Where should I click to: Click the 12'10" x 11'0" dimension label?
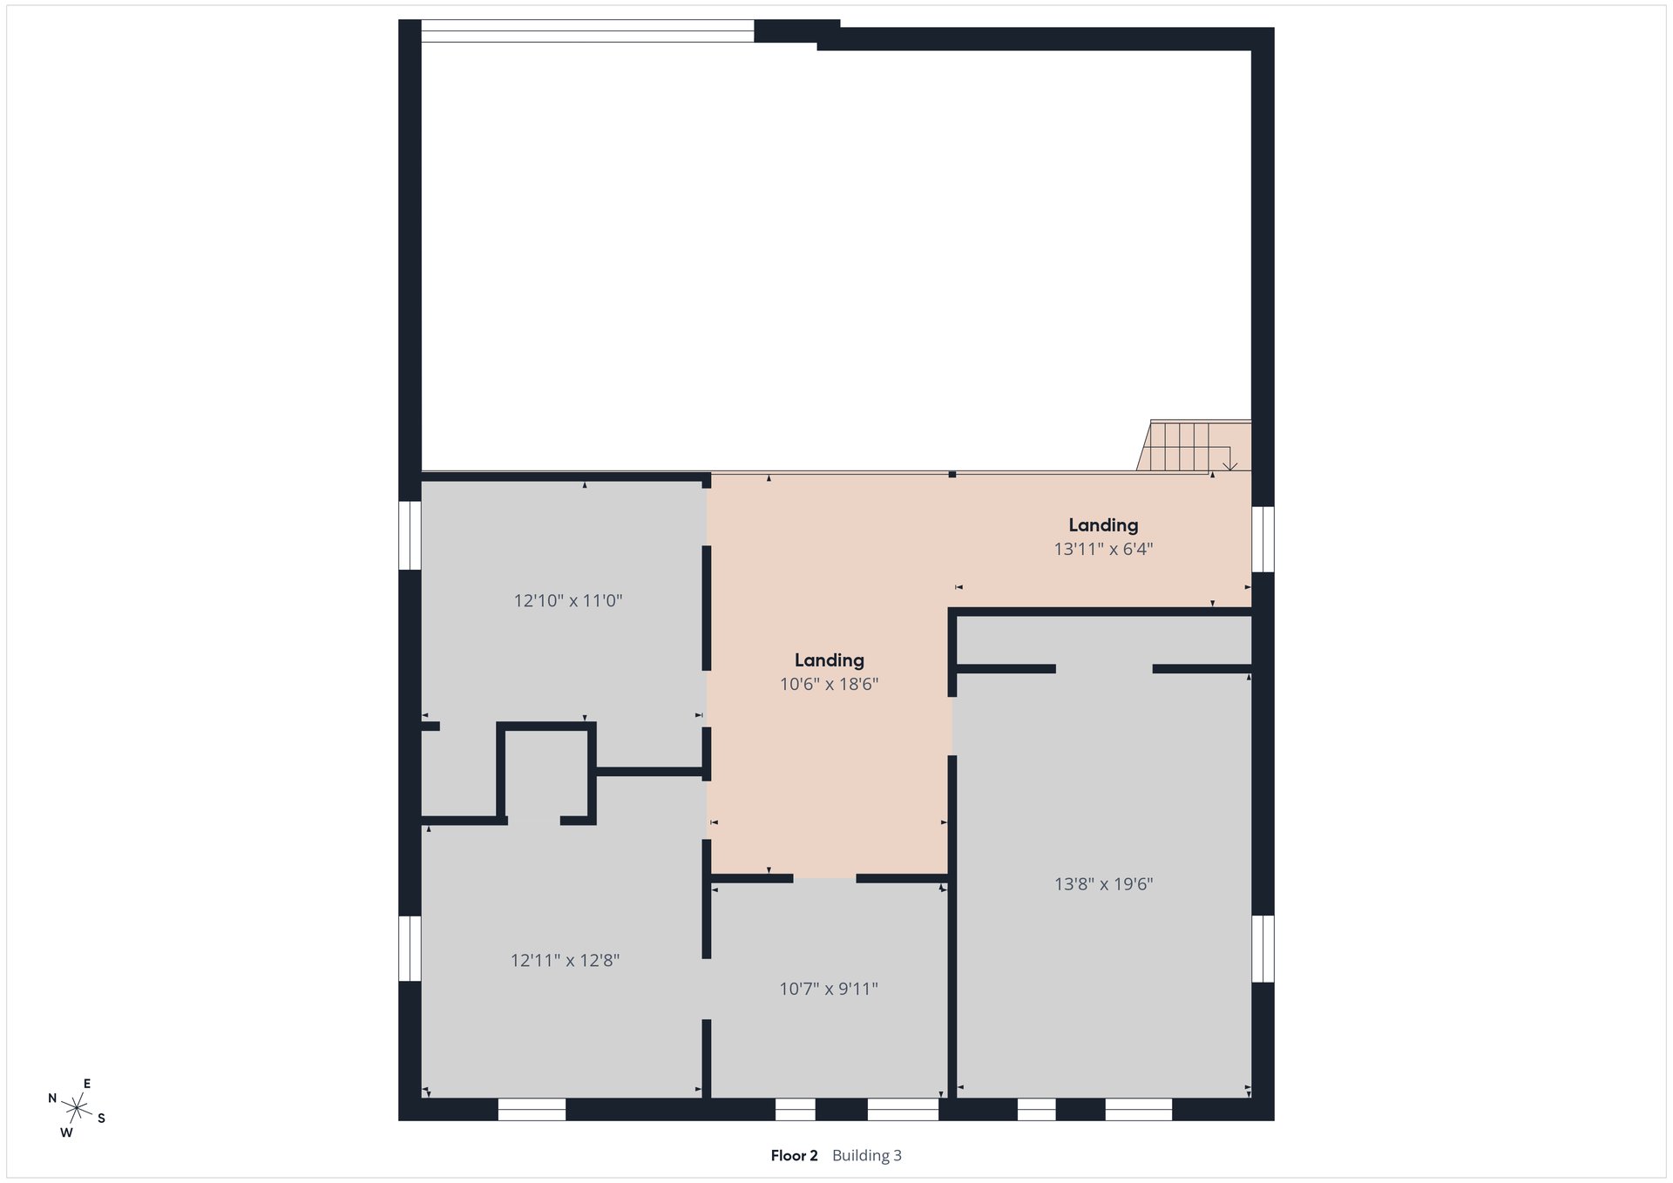pyautogui.click(x=568, y=600)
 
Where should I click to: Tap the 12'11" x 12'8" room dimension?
pyautogui.click(x=565, y=960)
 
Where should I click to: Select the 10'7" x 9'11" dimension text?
pyautogui.click(x=829, y=989)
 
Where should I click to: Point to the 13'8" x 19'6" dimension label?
pyautogui.click(x=1104, y=884)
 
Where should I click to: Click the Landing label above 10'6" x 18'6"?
pyautogui.click(x=830, y=660)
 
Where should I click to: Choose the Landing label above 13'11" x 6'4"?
pyautogui.click(x=1104, y=524)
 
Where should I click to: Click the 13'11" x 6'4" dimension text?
pyautogui.click(x=1104, y=549)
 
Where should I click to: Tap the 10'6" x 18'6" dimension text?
pyautogui.click(x=830, y=685)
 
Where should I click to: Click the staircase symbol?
pyautogui.click(x=1194, y=446)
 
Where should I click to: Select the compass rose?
pyautogui.click(x=77, y=1108)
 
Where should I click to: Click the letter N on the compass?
pyautogui.click(x=52, y=1098)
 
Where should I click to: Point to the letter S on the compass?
pyautogui.click(x=101, y=1119)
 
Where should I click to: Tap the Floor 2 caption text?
pyautogui.click(x=795, y=1156)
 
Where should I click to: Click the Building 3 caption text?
pyautogui.click(x=867, y=1156)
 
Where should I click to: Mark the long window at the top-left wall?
pyautogui.click(x=587, y=30)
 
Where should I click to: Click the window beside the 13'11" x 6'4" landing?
pyautogui.click(x=1263, y=539)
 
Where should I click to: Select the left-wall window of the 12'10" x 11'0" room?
pyautogui.click(x=410, y=535)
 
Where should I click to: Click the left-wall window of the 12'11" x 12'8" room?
pyautogui.click(x=410, y=948)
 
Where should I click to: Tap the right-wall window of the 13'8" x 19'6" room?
pyautogui.click(x=1263, y=948)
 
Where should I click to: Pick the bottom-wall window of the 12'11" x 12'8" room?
pyautogui.click(x=532, y=1109)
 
